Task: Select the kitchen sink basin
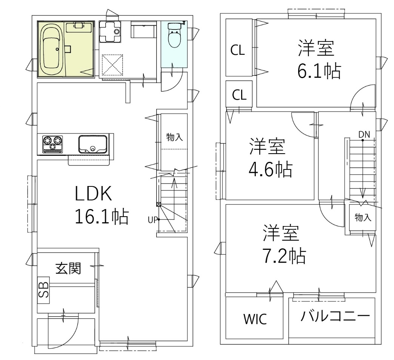pos(92,144)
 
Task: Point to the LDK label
pos(93,194)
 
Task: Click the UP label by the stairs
pos(152,220)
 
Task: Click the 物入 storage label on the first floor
pos(175,137)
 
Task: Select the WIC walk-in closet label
pos(255,319)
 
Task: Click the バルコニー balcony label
pos(335,316)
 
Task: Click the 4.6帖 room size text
pos(269,170)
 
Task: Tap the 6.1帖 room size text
pos(319,71)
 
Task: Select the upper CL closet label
pos(238,50)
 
